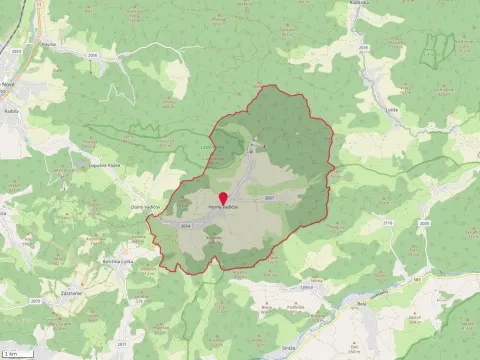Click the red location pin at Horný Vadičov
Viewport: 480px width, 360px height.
tap(222, 197)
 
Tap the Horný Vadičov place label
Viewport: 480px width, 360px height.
tap(222, 207)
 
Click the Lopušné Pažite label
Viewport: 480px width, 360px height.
tap(105, 165)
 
